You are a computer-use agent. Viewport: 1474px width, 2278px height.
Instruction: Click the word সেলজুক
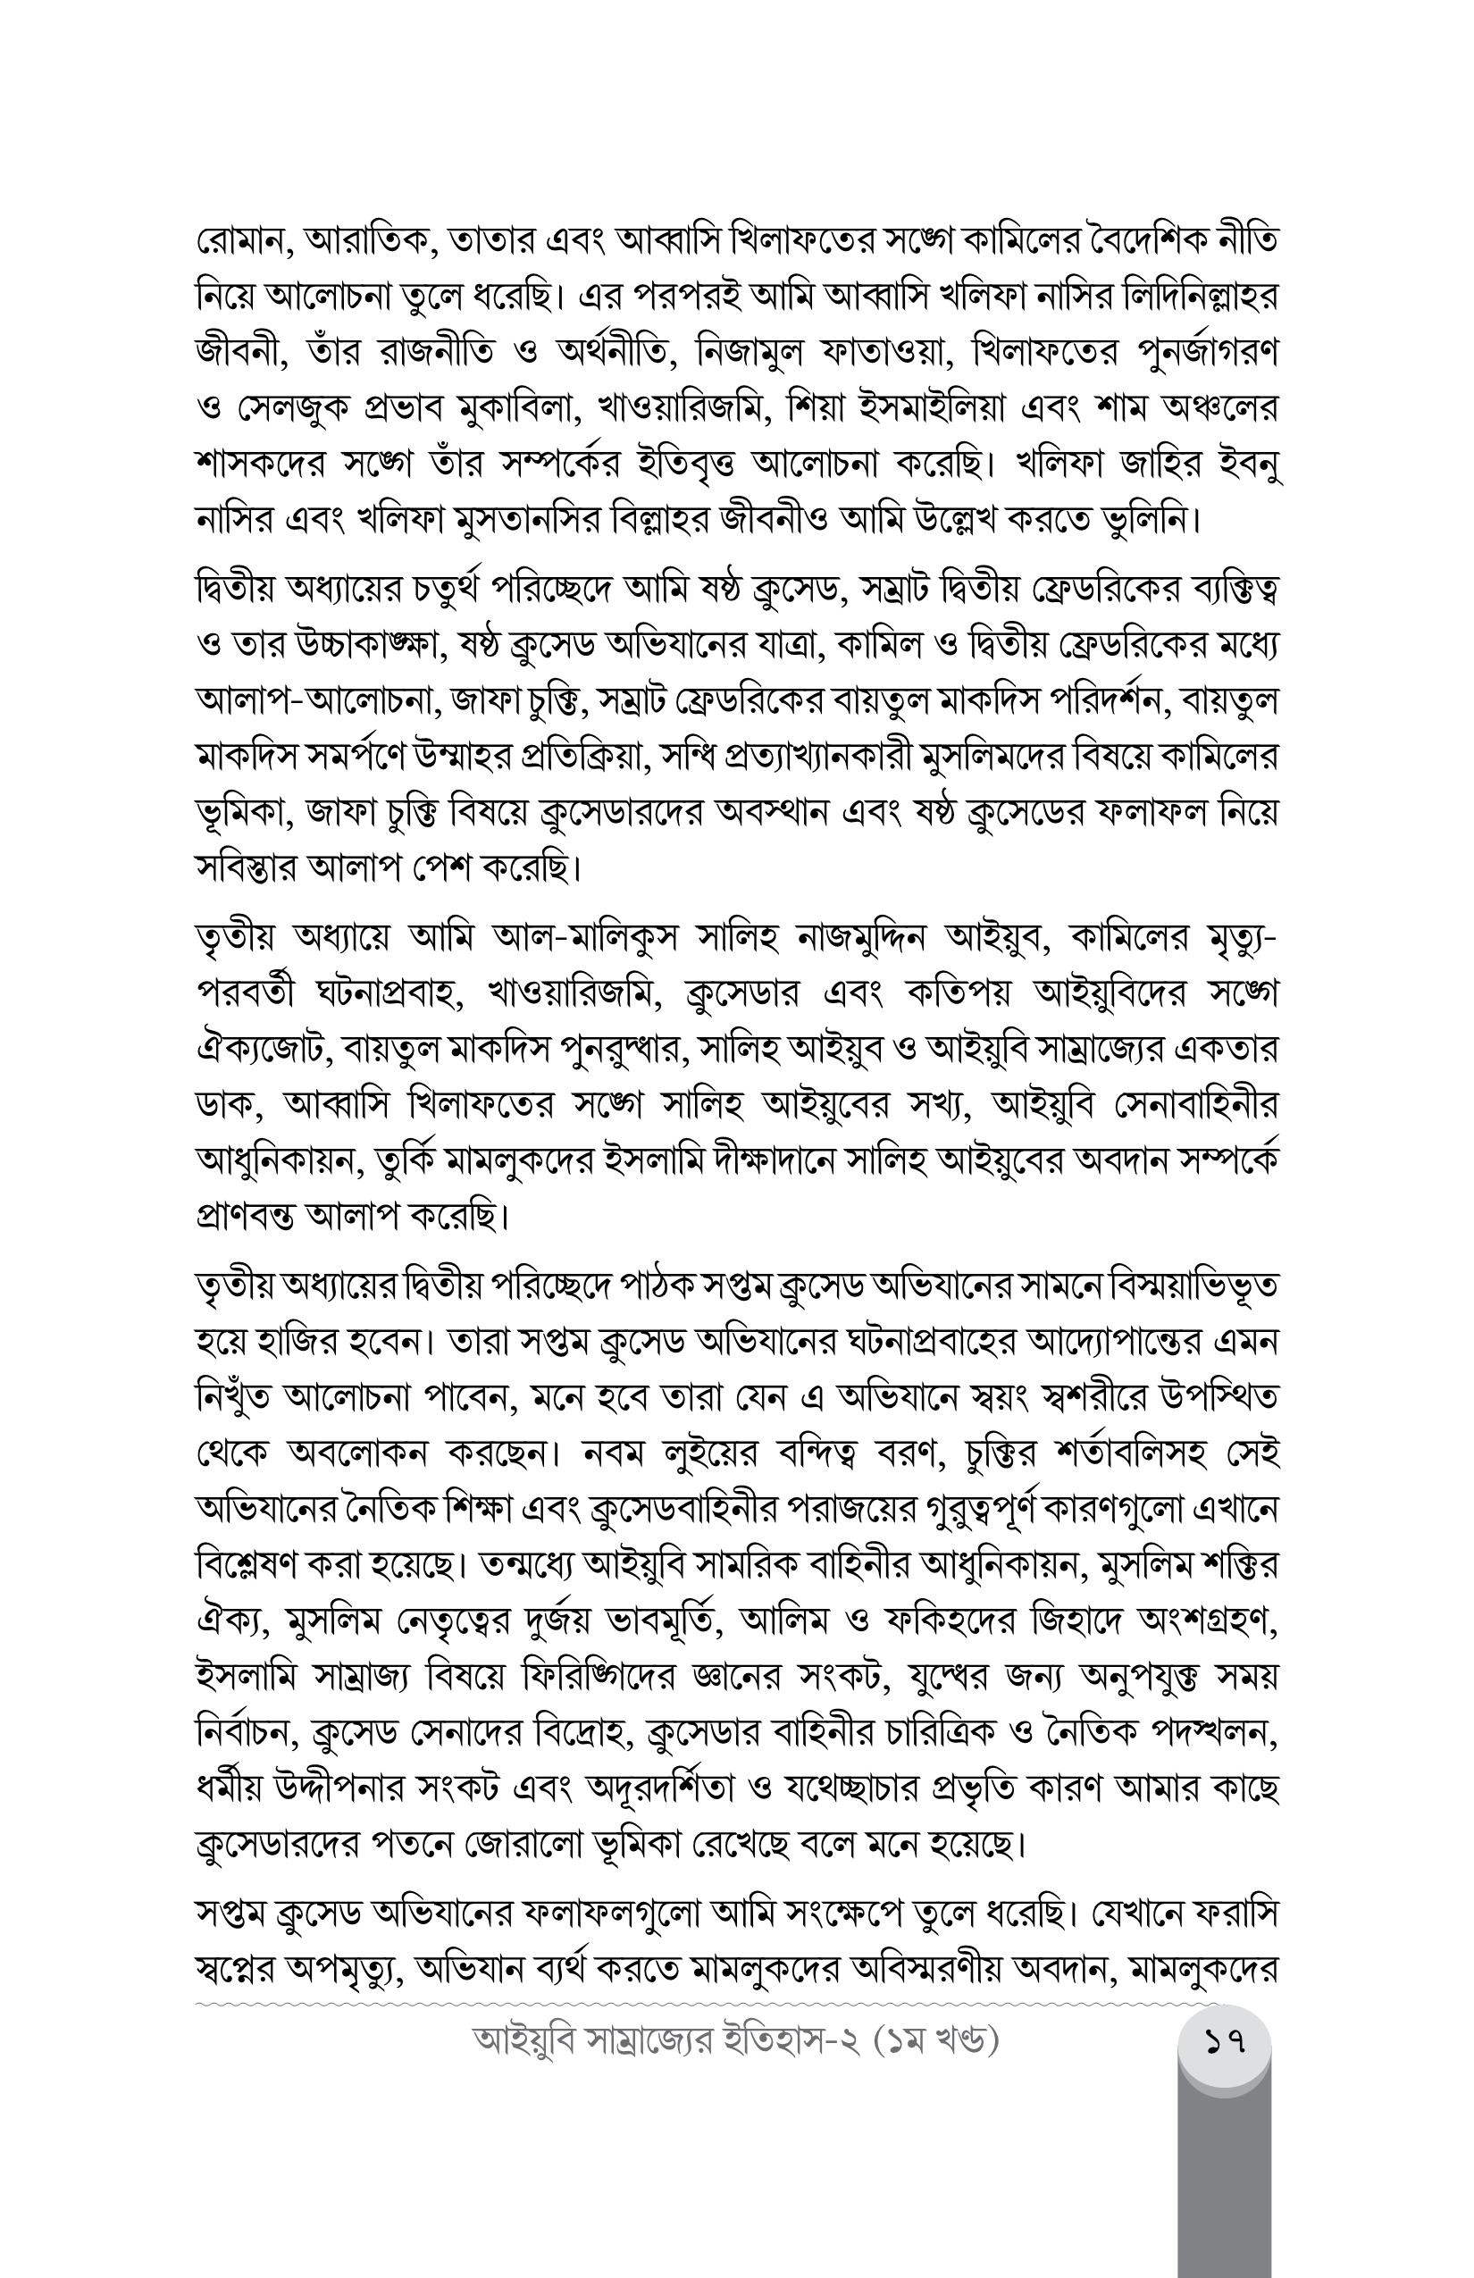(289, 410)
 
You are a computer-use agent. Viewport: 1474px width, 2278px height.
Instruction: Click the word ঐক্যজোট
(264, 1051)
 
